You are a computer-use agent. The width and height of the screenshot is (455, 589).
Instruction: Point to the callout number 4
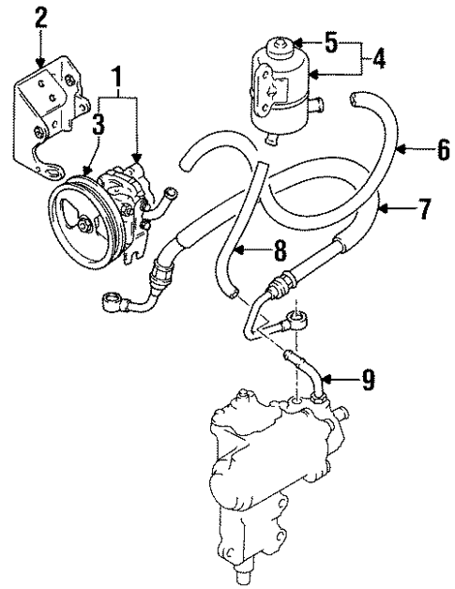click(377, 57)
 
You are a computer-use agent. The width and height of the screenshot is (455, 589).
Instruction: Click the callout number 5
click(329, 42)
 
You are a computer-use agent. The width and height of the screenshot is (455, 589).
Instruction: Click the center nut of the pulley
click(86, 224)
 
